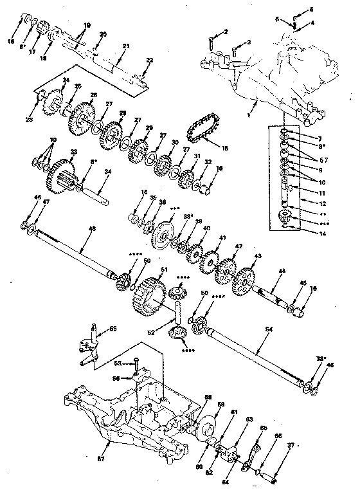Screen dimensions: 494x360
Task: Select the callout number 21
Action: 126,46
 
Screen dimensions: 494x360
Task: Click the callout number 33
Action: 74,152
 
